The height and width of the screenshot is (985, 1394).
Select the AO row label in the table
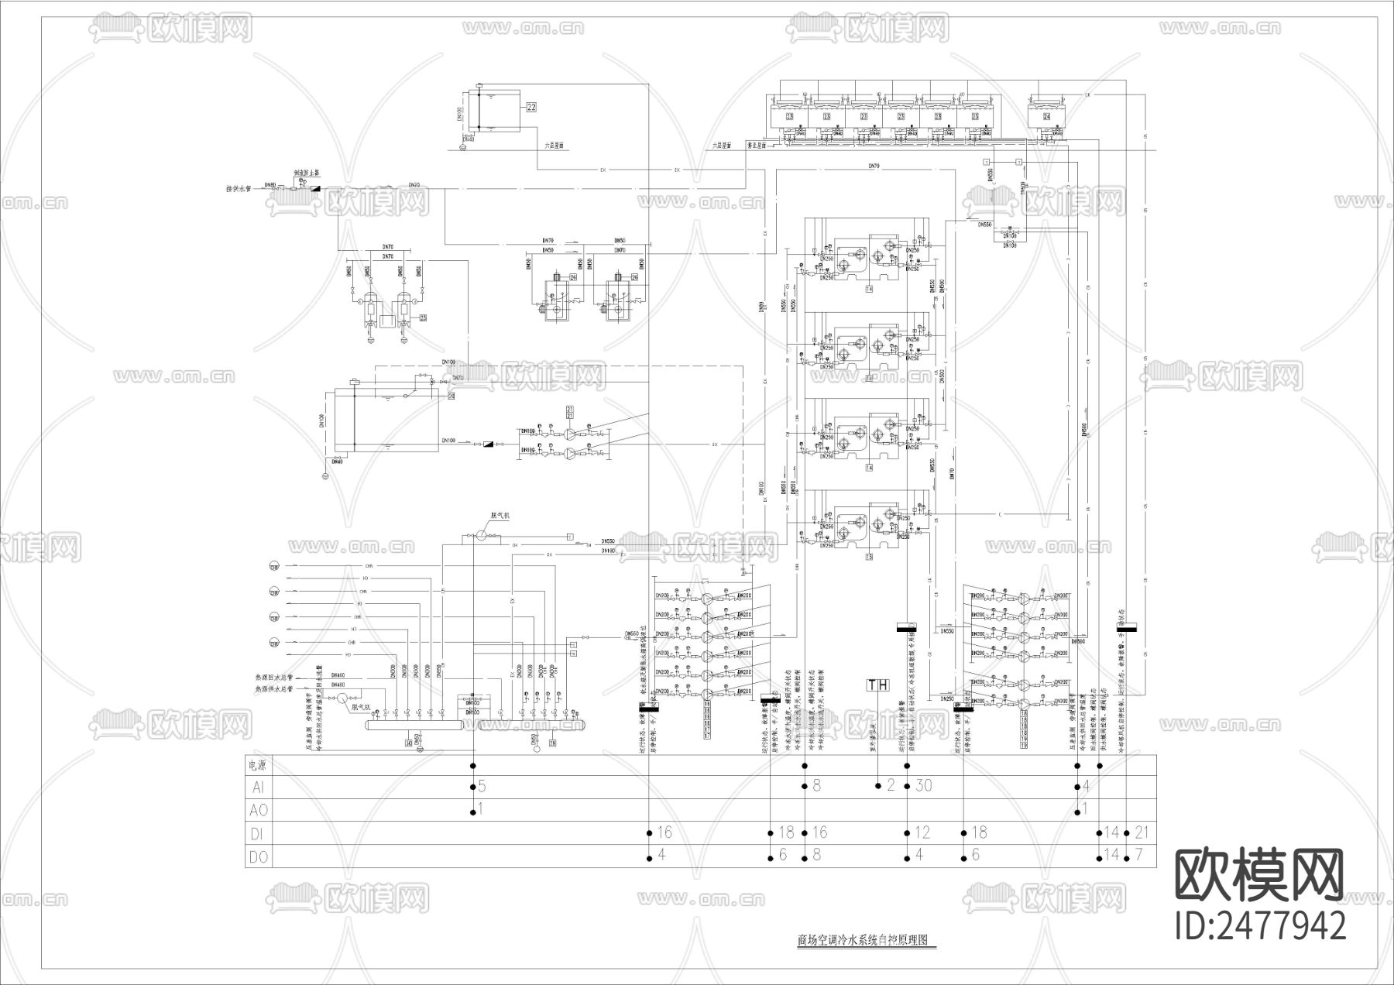[259, 810]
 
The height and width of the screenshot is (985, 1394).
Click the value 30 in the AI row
[924, 786]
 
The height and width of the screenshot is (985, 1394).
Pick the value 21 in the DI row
[1142, 832]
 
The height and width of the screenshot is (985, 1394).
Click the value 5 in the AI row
[482, 786]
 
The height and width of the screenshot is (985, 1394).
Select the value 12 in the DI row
[922, 832]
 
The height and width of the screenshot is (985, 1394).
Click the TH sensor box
[878, 685]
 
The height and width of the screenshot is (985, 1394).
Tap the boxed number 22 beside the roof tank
[531, 107]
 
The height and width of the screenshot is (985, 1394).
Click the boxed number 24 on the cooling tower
[1047, 116]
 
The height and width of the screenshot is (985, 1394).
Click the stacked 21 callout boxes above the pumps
[570, 412]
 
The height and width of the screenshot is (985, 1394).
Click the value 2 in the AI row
[891, 786]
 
